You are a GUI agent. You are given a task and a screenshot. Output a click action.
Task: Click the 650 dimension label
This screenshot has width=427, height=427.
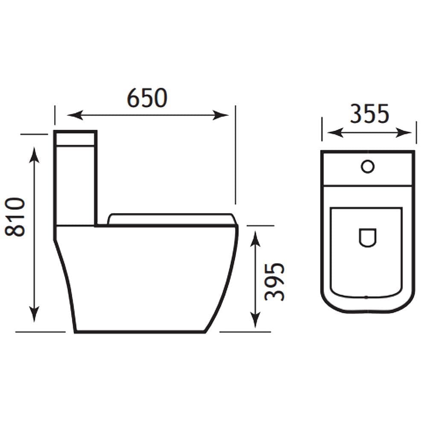147,98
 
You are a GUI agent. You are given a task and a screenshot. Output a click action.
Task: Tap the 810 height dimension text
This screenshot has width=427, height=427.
16,216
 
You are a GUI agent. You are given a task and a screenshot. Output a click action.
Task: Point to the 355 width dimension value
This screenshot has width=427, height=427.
369,114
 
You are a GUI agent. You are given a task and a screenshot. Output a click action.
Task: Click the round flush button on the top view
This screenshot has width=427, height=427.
367,166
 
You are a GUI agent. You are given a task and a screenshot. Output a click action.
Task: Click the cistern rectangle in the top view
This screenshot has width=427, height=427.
368,169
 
